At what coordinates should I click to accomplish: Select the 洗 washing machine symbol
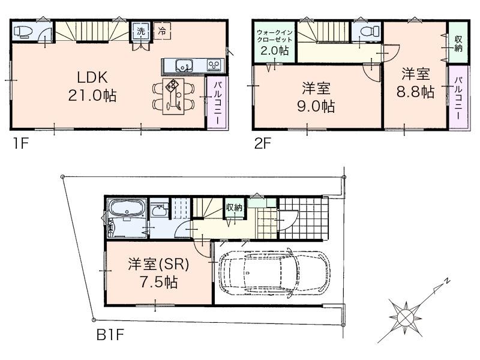140,31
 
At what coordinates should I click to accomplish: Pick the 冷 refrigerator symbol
162,31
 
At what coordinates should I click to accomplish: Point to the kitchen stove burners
214,64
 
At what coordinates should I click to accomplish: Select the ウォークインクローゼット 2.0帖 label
274,41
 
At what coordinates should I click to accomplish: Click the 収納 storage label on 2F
458,43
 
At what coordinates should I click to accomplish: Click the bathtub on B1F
125,211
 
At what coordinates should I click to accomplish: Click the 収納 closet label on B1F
234,208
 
